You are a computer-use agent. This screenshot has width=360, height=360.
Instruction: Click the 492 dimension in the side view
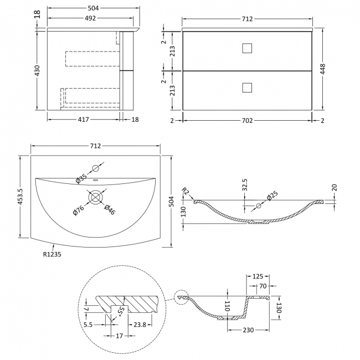click(90, 18)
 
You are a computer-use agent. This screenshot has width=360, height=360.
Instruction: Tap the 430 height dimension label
click(37, 70)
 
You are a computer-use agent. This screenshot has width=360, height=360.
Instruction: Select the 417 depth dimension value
click(83, 120)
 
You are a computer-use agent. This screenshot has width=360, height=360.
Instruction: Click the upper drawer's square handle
click(247, 48)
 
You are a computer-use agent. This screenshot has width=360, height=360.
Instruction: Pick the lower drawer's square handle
click(247, 88)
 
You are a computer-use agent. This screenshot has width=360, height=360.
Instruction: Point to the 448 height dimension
click(322, 69)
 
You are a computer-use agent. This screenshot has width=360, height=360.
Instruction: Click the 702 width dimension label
click(247, 121)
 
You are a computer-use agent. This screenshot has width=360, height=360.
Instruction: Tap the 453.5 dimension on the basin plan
click(20, 197)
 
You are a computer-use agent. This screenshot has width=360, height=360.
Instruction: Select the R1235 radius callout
click(52, 254)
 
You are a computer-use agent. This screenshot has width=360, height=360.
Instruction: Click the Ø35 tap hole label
click(81, 178)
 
